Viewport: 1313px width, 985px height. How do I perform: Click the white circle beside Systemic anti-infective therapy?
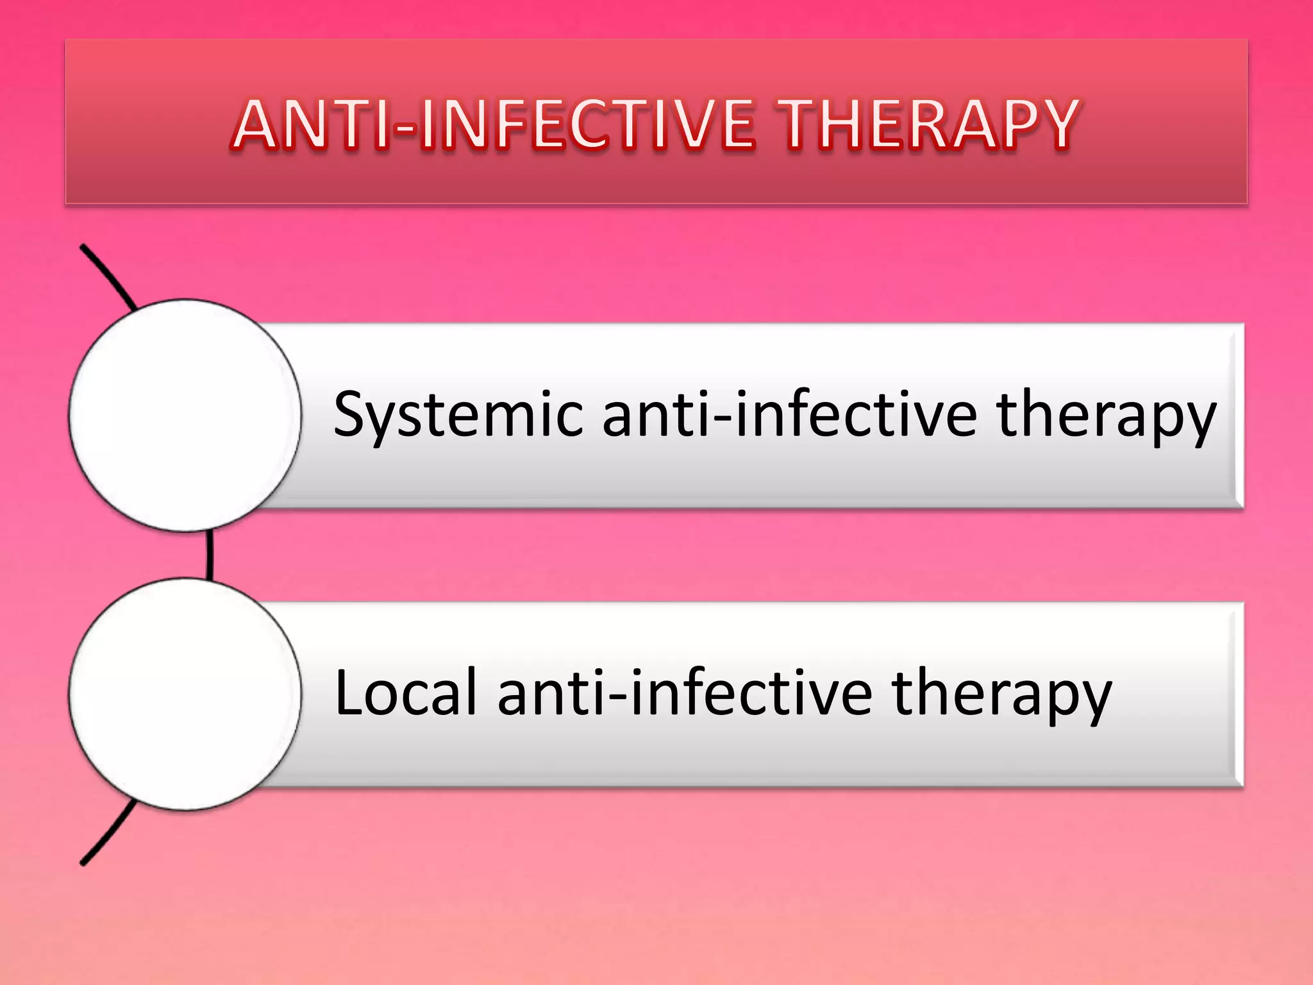(x=185, y=416)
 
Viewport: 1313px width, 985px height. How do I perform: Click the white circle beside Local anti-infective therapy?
(x=185, y=694)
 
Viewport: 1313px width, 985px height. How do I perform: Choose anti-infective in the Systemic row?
(x=790, y=416)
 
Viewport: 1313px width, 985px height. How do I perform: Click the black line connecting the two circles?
(x=210, y=555)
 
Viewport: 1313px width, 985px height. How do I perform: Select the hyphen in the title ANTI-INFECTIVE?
(x=404, y=128)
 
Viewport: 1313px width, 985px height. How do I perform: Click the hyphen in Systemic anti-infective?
(x=721, y=421)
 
